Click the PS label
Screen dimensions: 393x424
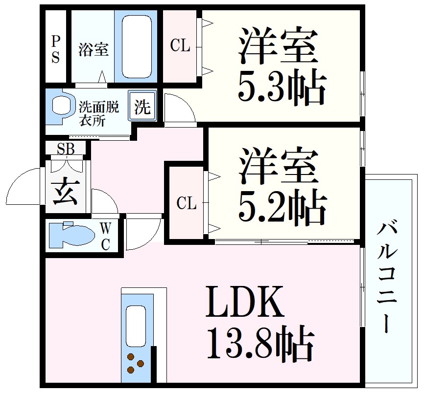pos(55,49)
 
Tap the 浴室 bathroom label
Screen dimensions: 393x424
pos(93,49)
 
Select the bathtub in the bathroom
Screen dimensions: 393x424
pos(136,46)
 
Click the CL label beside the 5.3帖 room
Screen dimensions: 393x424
pos(180,46)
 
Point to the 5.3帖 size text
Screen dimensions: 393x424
pos(282,88)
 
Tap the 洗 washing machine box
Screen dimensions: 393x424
pos(142,106)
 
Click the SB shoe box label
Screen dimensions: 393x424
pos(66,149)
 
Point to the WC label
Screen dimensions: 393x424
pos(106,236)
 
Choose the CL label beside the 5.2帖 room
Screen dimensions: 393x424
pos(186,203)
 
